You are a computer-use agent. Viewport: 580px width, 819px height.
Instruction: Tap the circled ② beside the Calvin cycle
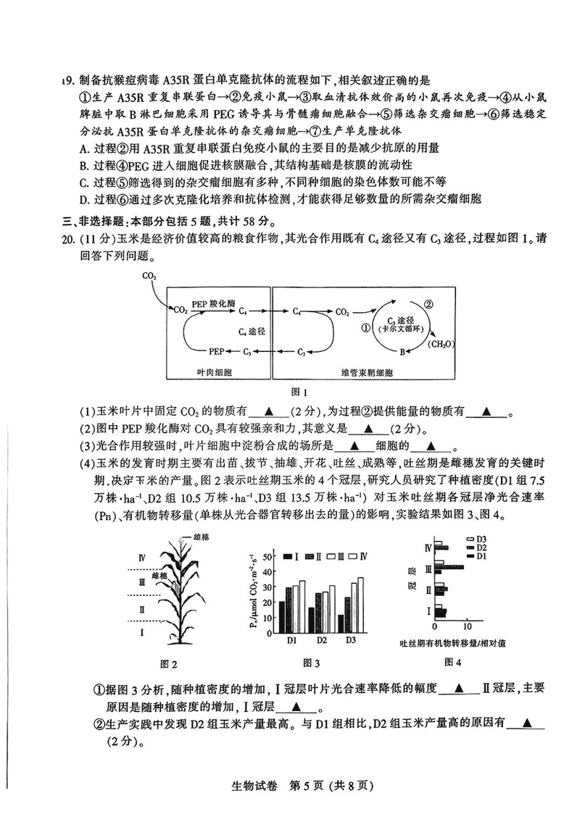[429, 305]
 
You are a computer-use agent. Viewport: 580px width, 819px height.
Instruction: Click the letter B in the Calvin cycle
[402, 352]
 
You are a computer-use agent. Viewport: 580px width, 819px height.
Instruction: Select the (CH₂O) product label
[441, 344]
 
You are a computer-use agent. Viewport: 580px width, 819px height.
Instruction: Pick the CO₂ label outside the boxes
[149, 275]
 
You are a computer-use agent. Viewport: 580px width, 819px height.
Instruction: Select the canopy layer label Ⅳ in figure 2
[141, 558]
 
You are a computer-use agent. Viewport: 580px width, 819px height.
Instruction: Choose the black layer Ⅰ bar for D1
[282, 617]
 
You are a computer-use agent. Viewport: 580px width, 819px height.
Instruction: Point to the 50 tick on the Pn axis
[268, 557]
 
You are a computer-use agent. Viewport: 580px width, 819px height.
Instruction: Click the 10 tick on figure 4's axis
[466, 626]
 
